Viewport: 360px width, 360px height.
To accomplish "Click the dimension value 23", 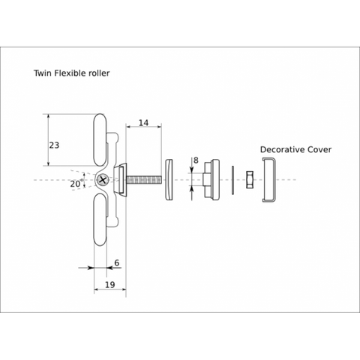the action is coord(54,145).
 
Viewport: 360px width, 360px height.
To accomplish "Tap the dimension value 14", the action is coord(143,123).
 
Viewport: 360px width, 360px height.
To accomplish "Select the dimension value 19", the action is coord(109,285).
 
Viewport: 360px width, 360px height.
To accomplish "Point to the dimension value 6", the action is coord(117,262).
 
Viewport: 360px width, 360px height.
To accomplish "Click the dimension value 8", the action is coord(196,160).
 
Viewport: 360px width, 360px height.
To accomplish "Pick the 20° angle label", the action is coord(76,184).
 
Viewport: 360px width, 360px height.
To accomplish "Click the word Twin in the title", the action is coord(43,73).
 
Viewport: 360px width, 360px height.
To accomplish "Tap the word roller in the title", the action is coord(99,73).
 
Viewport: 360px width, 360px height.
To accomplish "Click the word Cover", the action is coord(319,149).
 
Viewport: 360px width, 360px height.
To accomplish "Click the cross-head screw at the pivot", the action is coord(103,180).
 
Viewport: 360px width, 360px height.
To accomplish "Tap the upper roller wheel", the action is coord(100,140).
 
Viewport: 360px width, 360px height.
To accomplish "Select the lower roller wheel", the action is coord(100,220).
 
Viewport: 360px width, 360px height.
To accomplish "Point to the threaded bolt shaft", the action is coord(144,180).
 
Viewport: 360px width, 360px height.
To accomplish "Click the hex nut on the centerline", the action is coord(250,180).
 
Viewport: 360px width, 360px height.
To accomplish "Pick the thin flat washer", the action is coord(232,180).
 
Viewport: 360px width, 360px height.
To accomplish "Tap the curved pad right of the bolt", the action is coord(169,180).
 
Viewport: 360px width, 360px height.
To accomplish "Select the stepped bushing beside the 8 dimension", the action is coord(211,180).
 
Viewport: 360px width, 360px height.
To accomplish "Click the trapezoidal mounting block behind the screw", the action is coord(121,180).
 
